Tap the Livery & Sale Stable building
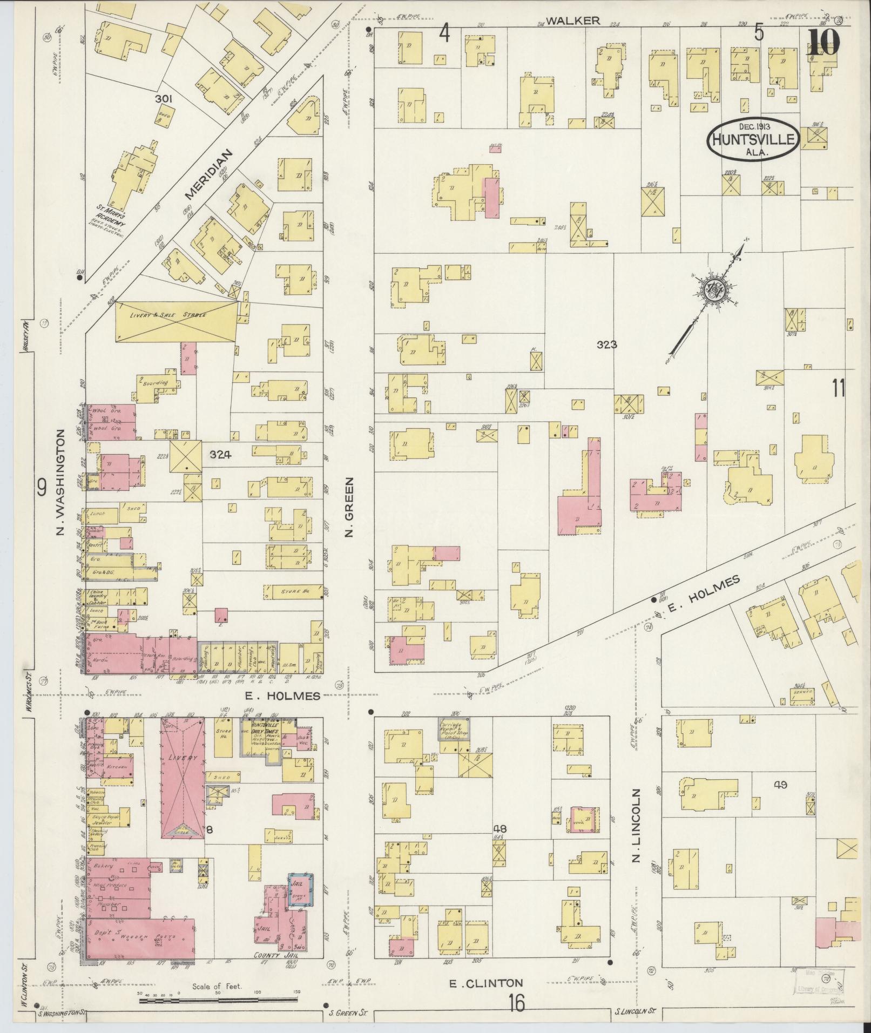click(x=176, y=321)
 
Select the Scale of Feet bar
click(x=219, y=1000)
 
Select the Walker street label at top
click(x=573, y=21)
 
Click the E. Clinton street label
click(x=487, y=982)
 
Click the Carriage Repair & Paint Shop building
click(x=453, y=730)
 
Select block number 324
click(x=220, y=455)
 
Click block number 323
click(x=607, y=345)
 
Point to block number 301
click(x=163, y=99)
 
